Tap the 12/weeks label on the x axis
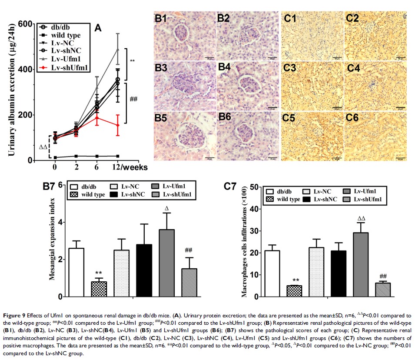(130, 167)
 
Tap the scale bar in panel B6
(272, 158)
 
